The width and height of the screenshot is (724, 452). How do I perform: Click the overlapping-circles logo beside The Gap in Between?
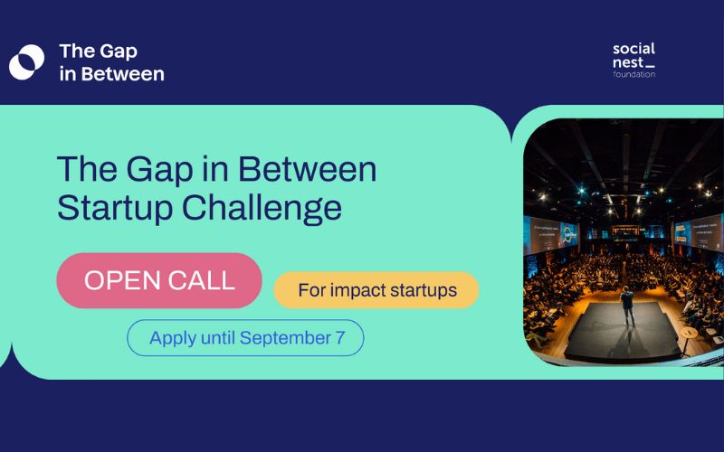tap(26, 61)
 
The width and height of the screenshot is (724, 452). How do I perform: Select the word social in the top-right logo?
tap(633, 48)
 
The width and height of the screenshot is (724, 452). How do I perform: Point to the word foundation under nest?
tap(633, 74)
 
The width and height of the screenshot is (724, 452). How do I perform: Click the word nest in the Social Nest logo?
tap(628, 61)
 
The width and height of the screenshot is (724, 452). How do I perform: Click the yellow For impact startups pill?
tap(376, 290)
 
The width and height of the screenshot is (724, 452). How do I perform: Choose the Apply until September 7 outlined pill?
tap(244, 337)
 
